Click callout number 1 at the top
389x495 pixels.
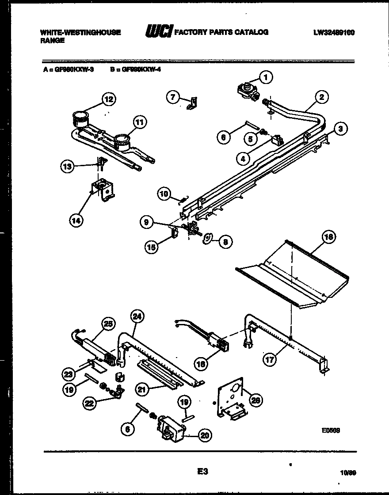[266, 77]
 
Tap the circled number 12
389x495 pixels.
[109, 99]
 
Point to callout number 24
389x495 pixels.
[137, 316]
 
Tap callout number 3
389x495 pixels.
[339, 129]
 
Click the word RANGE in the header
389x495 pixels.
[52, 40]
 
